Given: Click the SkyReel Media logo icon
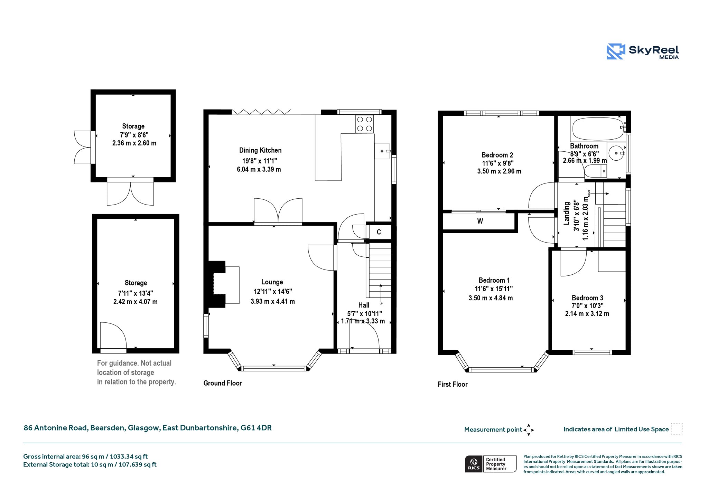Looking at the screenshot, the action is pyautogui.click(x=616, y=51).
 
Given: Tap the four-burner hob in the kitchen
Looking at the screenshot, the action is pyautogui.click(x=365, y=124).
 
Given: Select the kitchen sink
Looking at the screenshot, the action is pyautogui.click(x=382, y=151).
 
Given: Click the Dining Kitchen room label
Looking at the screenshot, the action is pyautogui.click(x=260, y=150).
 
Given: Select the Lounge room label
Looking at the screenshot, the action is pyautogui.click(x=272, y=282).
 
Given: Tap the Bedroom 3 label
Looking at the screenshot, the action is pyautogui.click(x=587, y=298).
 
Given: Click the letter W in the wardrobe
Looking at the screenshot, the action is pyautogui.click(x=480, y=221).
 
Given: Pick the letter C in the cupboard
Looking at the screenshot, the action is pyautogui.click(x=379, y=232).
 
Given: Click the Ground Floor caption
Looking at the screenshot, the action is pyautogui.click(x=223, y=383).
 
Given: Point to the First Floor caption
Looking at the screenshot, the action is pyautogui.click(x=453, y=384).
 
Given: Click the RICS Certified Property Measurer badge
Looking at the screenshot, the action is pyautogui.click(x=491, y=464).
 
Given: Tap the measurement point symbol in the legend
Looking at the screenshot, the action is pyautogui.click(x=529, y=430).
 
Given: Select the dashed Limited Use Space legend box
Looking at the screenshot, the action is pyautogui.click(x=677, y=429).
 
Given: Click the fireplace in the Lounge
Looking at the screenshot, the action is pyautogui.click(x=222, y=284).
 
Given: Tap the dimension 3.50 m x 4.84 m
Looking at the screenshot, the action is pyautogui.click(x=491, y=298).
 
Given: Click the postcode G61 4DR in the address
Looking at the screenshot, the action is pyautogui.click(x=256, y=428).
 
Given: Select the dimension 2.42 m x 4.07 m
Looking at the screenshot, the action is pyautogui.click(x=136, y=302).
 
